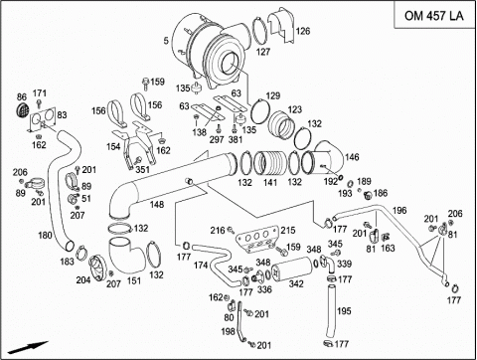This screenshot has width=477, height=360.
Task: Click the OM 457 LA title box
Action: click(x=434, y=15)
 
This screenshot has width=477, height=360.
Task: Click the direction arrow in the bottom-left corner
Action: click(x=28, y=347)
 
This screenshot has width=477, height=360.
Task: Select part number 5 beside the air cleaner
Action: click(x=166, y=41)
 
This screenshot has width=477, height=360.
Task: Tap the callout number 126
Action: click(x=303, y=31)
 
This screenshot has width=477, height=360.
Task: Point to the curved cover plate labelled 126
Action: click(x=280, y=25)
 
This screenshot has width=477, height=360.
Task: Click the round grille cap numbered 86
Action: click(x=22, y=110)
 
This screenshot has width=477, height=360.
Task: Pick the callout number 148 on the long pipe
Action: click(x=157, y=204)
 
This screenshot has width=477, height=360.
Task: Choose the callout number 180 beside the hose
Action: click(x=45, y=235)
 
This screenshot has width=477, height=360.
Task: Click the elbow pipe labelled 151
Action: click(x=126, y=256)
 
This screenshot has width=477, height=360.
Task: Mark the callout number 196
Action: click(x=399, y=210)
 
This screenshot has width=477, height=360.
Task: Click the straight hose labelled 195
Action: click(x=332, y=311)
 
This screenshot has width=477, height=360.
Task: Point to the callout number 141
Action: click(x=270, y=182)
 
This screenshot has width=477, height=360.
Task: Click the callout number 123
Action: click(x=294, y=109)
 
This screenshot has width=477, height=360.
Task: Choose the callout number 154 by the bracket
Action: click(x=113, y=146)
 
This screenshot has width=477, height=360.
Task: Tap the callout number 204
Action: click(x=83, y=280)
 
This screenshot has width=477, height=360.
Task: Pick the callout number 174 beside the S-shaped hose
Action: click(x=201, y=265)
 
